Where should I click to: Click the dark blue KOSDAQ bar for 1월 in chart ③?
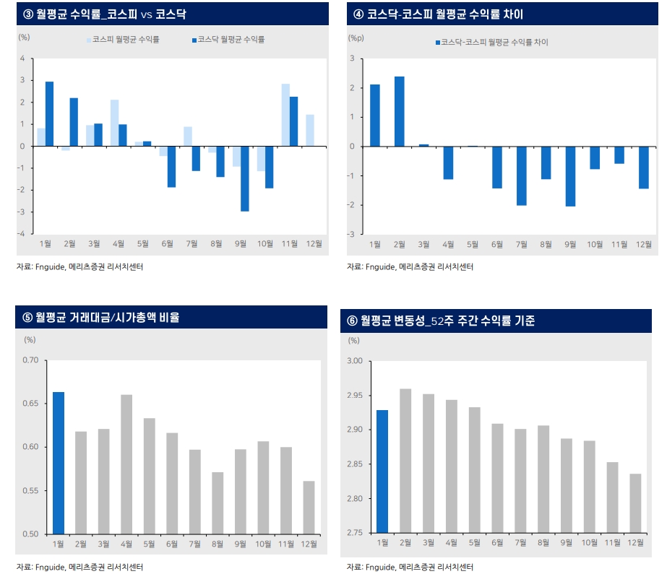click(49, 114)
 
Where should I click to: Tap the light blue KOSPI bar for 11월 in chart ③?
click(285, 115)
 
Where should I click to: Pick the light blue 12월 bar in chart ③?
click(310, 130)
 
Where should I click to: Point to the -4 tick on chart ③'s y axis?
click(22, 234)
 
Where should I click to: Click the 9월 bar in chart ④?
click(570, 176)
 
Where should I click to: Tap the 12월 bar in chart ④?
click(644, 168)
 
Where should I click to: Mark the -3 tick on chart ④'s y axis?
click(351, 234)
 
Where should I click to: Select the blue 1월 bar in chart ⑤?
click(59, 463)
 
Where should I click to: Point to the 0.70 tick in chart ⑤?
click(30, 360)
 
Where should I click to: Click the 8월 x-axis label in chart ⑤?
click(217, 544)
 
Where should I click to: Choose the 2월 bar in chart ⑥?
click(405, 461)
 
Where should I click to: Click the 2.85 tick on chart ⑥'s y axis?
click(358, 464)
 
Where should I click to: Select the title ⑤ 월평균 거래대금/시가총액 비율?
click(102, 317)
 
